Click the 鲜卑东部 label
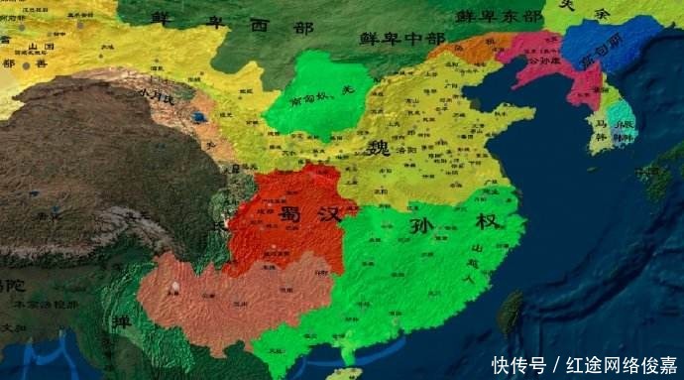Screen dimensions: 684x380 tap(500, 16)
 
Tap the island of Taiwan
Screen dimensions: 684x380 tap(510, 312)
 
